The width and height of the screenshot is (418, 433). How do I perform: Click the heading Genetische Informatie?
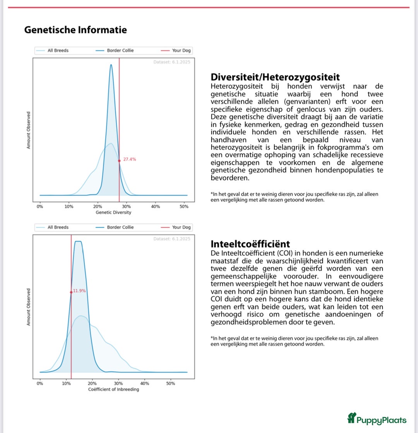coord(75,30)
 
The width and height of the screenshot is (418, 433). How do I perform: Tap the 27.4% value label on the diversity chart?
coord(130,159)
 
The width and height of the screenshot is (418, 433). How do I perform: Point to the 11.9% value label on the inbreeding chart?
coord(79,291)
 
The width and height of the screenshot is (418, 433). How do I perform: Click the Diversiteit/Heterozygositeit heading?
coord(275,77)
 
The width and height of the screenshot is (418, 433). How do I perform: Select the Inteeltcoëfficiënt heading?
coord(250,244)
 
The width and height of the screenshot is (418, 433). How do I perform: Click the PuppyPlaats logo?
coord(377,419)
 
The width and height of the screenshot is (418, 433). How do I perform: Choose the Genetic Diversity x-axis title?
coord(113,212)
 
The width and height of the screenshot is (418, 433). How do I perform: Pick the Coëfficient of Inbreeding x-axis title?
coord(113,389)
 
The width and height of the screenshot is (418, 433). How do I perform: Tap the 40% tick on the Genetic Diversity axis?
coord(155,207)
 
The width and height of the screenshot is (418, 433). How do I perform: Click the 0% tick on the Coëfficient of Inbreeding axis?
coord(40,383)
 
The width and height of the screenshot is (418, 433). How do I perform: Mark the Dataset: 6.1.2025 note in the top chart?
coord(171,61)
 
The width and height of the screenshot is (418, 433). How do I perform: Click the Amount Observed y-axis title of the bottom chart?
coord(29,307)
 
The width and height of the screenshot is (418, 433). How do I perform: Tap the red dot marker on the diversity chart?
coord(119,161)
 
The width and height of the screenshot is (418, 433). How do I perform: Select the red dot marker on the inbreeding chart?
coord(71,292)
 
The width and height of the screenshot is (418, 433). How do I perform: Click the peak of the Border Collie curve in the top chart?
coord(111,65)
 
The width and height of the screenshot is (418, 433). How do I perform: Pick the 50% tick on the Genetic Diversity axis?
coord(184,207)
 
